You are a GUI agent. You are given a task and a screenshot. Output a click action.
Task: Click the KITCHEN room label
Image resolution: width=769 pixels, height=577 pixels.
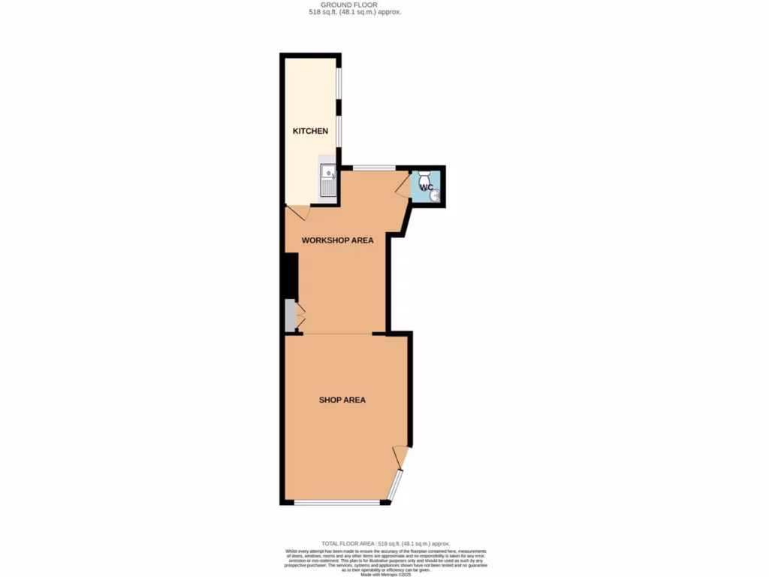point(310,131)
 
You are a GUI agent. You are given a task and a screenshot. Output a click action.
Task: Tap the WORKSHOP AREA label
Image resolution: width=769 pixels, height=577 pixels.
point(337,240)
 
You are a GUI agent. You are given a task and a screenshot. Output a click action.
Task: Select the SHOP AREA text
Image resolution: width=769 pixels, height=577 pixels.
point(342,400)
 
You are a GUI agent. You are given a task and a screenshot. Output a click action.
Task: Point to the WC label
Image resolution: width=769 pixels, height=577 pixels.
point(425,186)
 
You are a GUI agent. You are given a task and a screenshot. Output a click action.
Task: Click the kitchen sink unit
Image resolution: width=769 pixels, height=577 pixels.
point(327,181)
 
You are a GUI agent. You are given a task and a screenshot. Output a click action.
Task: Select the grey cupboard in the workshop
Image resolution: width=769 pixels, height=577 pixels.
point(291,316)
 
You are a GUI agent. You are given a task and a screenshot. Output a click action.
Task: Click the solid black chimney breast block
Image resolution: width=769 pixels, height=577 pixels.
point(291,276)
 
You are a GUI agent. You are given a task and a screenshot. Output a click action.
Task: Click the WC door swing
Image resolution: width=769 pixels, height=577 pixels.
point(403,184)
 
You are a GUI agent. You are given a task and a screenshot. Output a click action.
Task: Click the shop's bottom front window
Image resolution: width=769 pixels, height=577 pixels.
point(336,502)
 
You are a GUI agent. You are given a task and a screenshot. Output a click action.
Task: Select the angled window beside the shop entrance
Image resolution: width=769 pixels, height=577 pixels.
point(395,485)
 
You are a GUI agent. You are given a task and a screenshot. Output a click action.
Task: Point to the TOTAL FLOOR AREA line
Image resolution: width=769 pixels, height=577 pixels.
point(385,543)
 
